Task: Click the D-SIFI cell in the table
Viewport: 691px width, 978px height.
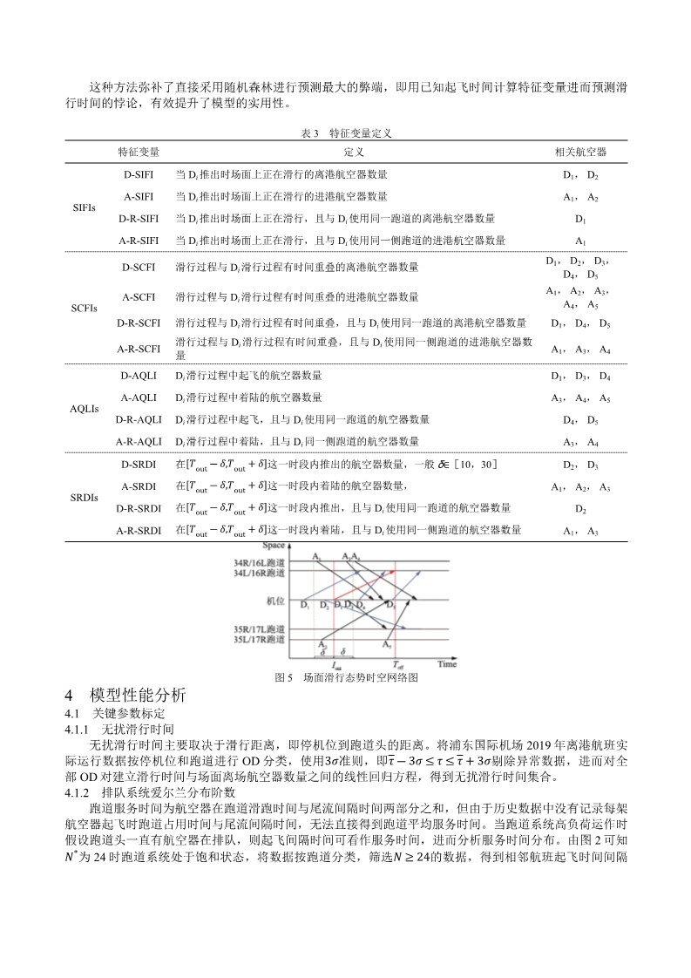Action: (x=139, y=174)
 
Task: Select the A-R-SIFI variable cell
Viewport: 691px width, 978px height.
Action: (x=139, y=240)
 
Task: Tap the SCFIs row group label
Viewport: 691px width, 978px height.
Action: (x=84, y=308)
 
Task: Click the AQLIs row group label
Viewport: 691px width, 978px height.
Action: (x=84, y=408)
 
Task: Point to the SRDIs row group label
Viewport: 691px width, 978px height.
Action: (x=84, y=497)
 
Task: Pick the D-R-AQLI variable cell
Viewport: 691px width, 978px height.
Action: (x=139, y=419)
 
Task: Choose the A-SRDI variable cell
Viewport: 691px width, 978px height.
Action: (x=139, y=486)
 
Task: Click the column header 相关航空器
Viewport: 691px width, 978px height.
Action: (x=580, y=152)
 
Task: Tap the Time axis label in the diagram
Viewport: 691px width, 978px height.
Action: (x=446, y=664)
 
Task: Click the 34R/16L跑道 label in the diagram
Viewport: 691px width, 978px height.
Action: (x=259, y=562)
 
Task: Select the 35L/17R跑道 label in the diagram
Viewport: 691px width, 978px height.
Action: (x=259, y=640)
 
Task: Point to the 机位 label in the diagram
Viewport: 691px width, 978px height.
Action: (x=275, y=601)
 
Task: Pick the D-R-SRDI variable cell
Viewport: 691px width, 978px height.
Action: (x=139, y=508)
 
